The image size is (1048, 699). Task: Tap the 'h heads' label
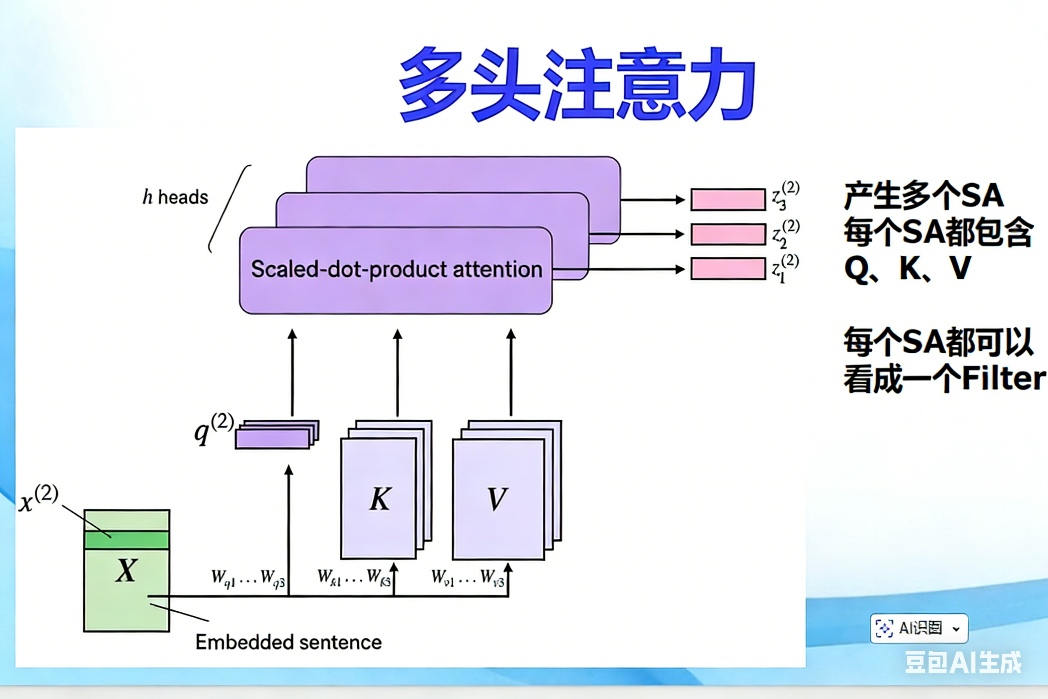coord(175,197)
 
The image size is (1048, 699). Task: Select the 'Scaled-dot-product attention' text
coord(396,269)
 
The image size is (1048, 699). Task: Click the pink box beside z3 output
coord(728,199)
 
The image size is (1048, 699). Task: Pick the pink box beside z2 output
coord(728,234)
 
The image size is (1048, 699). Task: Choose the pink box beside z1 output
coord(728,269)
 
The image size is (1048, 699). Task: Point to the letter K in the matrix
coord(380,499)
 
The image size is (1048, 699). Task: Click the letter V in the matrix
coord(497,499)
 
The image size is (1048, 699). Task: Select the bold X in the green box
coord(126,570)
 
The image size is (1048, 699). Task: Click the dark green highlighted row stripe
coord(127,540)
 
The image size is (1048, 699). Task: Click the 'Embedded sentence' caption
coord(288,643)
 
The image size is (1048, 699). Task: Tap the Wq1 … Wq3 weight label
coord(248,578)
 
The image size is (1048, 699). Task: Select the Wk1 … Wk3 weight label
coord(354,577)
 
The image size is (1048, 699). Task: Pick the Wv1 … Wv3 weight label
coord(468,577)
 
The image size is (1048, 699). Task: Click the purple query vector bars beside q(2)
coord(276,435)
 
